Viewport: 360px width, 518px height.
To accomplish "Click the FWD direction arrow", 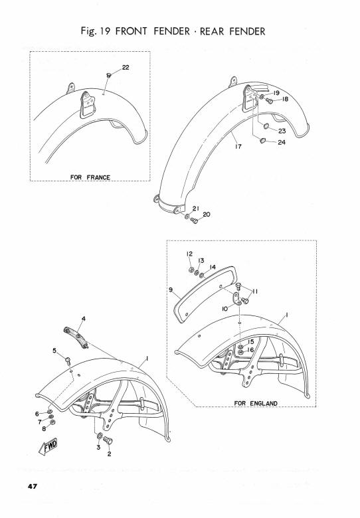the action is [48, 447].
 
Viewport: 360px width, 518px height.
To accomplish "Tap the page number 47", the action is [33, 486].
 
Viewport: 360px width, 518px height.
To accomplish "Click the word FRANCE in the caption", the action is [98, 177].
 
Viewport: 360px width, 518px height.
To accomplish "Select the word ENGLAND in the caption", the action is [264, 403].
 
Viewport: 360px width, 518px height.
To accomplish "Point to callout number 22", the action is [126, 67].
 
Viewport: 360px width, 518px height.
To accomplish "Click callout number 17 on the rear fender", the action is [238, 146].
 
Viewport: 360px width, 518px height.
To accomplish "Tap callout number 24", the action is [282, 142].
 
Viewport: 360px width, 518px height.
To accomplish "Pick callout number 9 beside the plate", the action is [171, 290].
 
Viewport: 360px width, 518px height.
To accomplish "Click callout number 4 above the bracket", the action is [84, 319].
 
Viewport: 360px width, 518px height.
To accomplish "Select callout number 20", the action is [207, 215].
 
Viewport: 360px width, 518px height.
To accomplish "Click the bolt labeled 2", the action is [108, 440].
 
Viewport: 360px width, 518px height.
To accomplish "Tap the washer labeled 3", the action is [100, 436].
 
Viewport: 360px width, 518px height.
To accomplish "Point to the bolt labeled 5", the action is [68, 360].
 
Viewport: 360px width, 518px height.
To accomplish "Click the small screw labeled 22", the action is [108, 76].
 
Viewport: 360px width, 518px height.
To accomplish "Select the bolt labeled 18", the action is [270, 101].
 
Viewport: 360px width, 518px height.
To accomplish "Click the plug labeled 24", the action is [263, 141].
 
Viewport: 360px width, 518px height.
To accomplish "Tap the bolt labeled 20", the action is [194, 220].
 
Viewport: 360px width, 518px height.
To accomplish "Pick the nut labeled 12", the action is [191, 270].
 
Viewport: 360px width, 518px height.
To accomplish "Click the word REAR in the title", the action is [212, 31].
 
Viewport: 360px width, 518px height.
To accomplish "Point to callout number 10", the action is [225, 309].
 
